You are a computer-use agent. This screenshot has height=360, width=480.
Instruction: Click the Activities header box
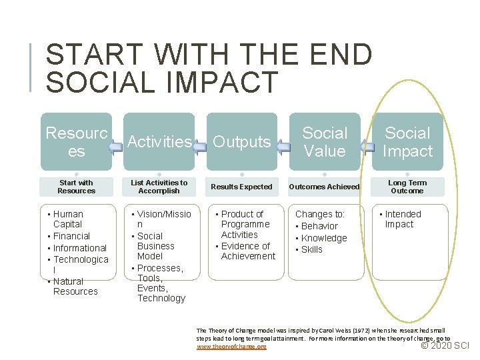pyautogui.click(x=159, y=141)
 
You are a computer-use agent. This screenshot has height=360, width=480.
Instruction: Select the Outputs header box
pyautogui.click(x=241, y=141)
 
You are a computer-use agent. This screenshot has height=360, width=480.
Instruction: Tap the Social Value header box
pyautogui.click(x=325, y=141)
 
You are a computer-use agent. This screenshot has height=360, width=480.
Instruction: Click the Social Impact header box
pyautogui.click(x=407, y=141)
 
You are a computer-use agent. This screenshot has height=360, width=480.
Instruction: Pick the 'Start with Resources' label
pyautogui.click(x=76, y=187)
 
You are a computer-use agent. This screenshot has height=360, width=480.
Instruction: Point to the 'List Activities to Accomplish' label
pyautogui.click(x=159, y=187)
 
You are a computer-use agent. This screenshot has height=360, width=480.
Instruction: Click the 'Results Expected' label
pyautogui.click(x=241, y=187)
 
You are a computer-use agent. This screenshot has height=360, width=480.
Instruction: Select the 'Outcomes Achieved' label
pyautogui.click(x=325, y=187)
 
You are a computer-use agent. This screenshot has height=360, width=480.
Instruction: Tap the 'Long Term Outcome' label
pyautogui.click(x=407, y=187)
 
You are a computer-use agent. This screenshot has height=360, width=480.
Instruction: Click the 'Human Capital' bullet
pyautogui.click(x=68, y=219)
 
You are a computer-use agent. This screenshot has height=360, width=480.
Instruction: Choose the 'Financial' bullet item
pyautogui.click(x=71, y=236)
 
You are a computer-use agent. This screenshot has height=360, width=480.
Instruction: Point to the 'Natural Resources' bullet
pyautogui.click(x=74, y=286)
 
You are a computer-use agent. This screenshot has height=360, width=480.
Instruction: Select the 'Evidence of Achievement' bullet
pyautogui.click(x=247, y=251)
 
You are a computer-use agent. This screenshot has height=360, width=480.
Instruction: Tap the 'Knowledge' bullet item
pyautogui.click(x=324, y=238)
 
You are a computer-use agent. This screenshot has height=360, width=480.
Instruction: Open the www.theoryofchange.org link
pyautogui.click(x=231, y=347)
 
